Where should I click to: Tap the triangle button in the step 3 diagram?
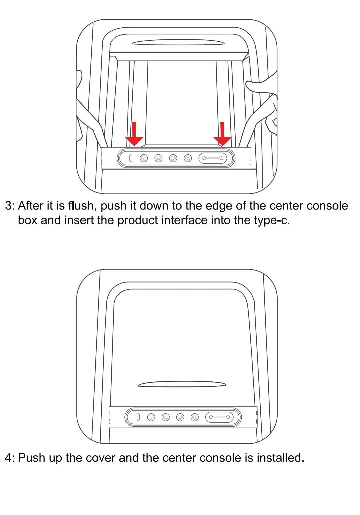pos(158,158)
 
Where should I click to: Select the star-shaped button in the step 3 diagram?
pos(188,158)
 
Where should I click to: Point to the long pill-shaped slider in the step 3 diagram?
pos(213,158)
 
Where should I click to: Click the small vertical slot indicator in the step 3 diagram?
pos(131,158)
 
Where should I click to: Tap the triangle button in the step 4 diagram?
pos(166,417)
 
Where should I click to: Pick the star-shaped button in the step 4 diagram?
pos(195,417)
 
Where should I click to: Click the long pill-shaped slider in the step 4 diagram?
pos(219,417)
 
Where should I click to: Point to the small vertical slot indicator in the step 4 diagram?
pos(138,417)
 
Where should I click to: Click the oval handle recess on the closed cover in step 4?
pos(182,384)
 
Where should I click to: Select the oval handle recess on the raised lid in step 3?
pos(178,42)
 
